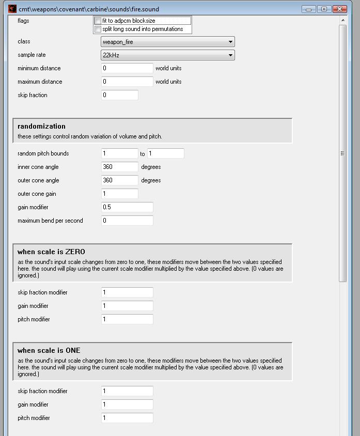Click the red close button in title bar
click(x=339, y=9)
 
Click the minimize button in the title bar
click(x=308, y=9)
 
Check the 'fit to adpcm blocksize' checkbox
click(x=98, y=21)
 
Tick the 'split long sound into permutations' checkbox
click(x=98, y=29)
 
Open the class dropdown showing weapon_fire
click(x=167, y=42)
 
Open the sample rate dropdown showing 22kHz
click(x=167, y=55)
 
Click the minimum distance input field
click(x=127, y=68)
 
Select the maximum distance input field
click(x=127, y=82)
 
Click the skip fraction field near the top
click(x=119, y=95)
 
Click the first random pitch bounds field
click(x=119, y=153)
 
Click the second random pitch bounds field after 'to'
click(x=165, y=153)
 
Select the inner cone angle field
click(x=119, y=167)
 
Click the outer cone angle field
click(x=119, y=180)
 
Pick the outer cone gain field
click(x=119, y=194)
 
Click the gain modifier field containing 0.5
click(x=127, y=207)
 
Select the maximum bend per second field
click(x=127, y=221)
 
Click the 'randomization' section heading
click(x=41, y=126)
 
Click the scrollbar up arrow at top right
click(x=343, y=20)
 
